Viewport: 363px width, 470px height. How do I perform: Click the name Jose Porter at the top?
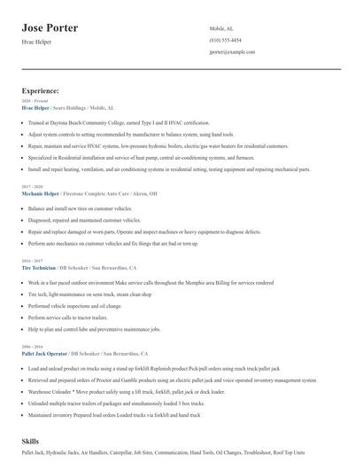pyautogui.click(x=50, y=27)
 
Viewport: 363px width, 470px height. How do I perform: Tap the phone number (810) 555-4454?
pyautogui.click(x=225, y=41)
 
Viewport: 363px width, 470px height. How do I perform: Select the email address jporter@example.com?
pyautogui.click(x=232, y=52)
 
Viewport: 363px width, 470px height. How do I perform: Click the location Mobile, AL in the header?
pyautogui.click(x=221, y=28)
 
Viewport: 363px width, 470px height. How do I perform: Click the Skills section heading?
pyautogui.click(x=30, y=441)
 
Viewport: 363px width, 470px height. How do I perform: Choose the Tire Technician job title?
pyautogui.click(x=38, y=267)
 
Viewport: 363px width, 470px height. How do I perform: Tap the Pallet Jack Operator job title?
pyautogui.click(x=44, y=353)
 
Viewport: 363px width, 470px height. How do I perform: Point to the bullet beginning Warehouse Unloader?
pyautogui.click(x=133, y=390)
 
